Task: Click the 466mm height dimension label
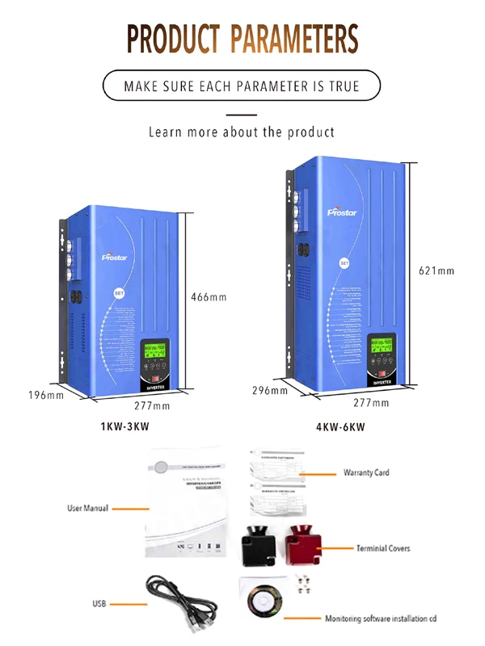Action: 209,297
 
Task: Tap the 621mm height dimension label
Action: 436,271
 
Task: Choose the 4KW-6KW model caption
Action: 340,426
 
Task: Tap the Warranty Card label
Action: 366,472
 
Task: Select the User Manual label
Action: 88,509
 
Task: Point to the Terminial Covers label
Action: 383,548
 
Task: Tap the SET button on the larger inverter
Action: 344,263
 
